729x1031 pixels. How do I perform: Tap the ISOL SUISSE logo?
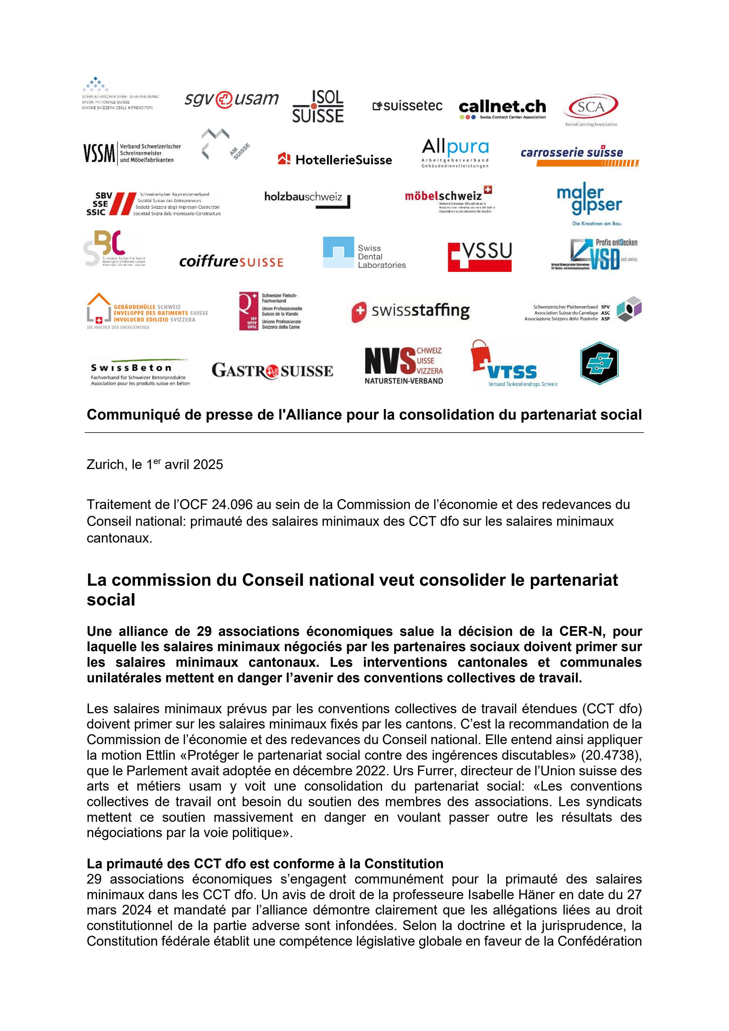coord(318,107)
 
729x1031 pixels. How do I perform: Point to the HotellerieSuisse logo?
coord(335,159)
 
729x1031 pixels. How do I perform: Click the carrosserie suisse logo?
coord(579,155)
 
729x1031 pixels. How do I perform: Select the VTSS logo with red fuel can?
coord(513,364)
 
